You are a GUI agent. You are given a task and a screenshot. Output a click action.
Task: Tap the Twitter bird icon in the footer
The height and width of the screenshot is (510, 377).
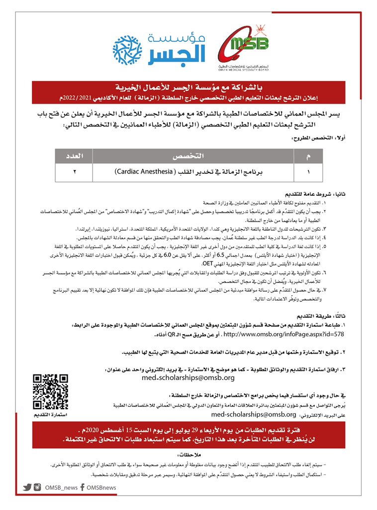(27, 488)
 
